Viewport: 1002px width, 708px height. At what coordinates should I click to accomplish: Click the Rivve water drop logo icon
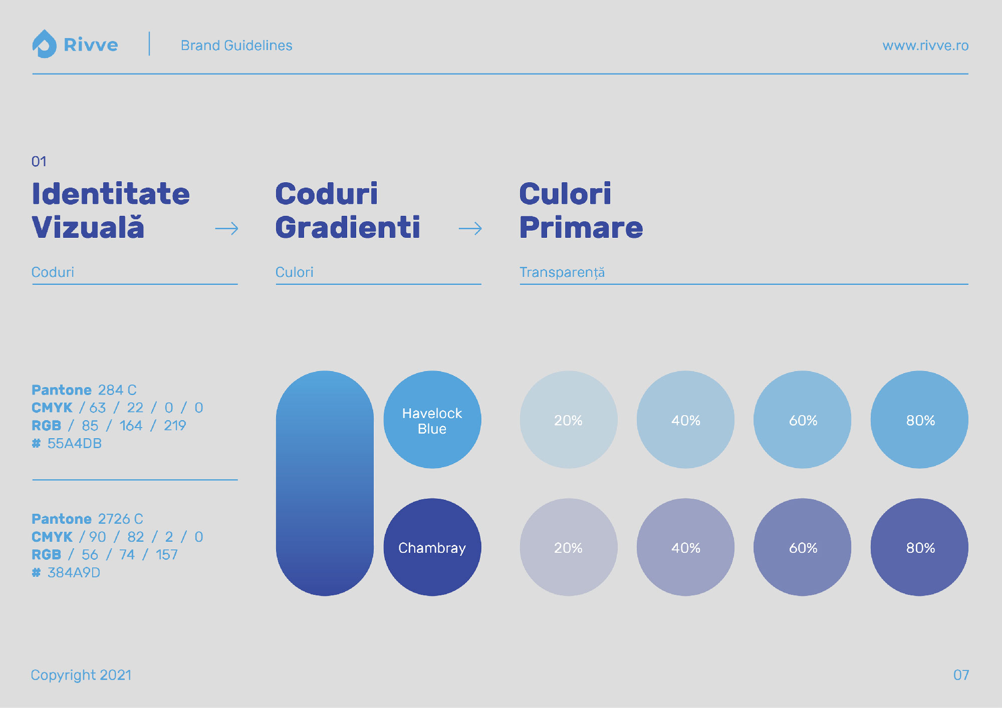click(45, 44)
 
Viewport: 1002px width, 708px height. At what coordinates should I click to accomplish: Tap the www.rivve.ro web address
click(925, 46)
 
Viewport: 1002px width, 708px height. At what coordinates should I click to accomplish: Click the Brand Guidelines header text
click(236, 46)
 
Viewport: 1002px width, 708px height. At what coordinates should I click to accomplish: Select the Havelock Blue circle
click(432, 420)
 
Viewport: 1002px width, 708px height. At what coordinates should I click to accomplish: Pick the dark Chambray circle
click(432, 547)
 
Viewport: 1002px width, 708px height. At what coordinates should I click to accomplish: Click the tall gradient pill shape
click(325, 483)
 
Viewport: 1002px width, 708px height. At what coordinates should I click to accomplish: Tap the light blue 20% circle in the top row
click(569, 420)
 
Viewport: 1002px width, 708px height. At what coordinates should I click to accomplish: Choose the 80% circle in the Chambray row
click(919, 547)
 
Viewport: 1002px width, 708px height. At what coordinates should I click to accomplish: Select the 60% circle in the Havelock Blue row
click(803, 420)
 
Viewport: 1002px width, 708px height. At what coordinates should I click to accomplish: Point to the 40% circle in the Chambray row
click(685, 547)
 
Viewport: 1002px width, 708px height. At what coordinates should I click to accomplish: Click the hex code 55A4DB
click(75, 444)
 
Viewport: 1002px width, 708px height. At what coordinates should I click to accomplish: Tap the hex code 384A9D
click(74, 573)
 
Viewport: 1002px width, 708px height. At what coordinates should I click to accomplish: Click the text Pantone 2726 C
click(87, 519)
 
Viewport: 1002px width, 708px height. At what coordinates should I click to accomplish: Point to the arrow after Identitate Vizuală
click(227, 229)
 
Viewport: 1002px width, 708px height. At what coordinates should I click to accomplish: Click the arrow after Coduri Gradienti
click(470, 229)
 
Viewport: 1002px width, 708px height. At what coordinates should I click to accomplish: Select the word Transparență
click(562, 272)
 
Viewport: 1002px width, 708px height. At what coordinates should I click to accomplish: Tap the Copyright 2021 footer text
click(81, 675)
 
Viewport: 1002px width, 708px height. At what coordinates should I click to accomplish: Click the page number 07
click(961, 675)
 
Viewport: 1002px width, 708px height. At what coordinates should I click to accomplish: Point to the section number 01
click(39, 162)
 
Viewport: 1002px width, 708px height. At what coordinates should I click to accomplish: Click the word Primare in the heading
click(581, 228)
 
